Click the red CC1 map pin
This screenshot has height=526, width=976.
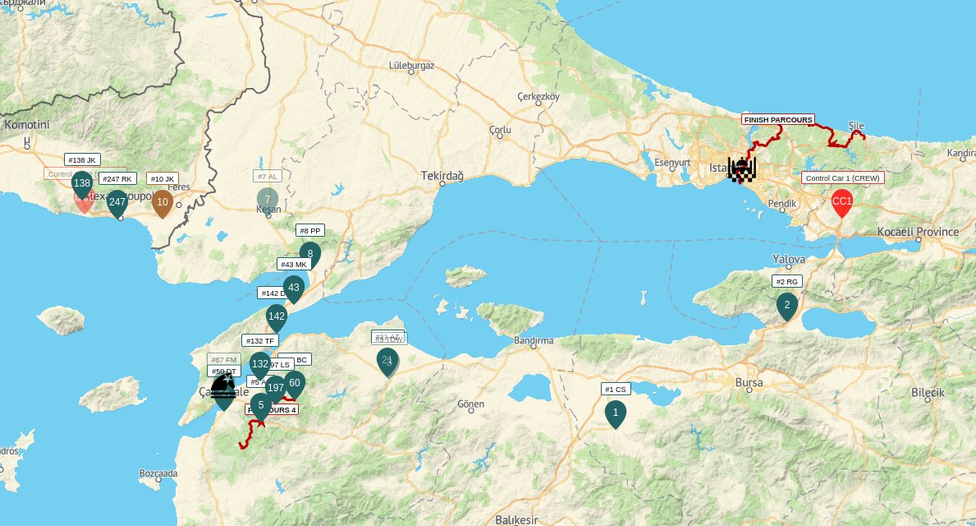841,201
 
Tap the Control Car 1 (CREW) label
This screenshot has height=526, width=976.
843,178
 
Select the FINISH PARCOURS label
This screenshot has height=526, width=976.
777,119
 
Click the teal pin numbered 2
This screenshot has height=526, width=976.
787,306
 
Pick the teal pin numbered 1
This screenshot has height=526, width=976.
615,413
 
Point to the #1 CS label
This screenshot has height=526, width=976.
616,390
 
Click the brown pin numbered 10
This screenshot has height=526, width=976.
163,202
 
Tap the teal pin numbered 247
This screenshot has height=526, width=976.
117,202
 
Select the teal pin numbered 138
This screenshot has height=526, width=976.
81,184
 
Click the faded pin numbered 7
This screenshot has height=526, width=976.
268,200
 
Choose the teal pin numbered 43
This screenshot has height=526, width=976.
294,288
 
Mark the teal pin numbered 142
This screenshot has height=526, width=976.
277,317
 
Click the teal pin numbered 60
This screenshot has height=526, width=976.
295,383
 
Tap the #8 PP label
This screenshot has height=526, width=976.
309,231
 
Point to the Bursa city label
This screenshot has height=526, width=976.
749,383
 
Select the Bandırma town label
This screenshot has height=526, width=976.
533,340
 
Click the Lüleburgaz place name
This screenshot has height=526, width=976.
410,65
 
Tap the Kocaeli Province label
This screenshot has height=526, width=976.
918,232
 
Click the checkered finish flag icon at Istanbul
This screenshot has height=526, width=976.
741,169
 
